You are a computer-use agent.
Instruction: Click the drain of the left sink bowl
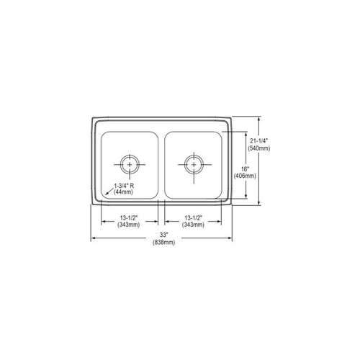[130, 163]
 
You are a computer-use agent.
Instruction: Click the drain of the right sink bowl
[193, 163]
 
